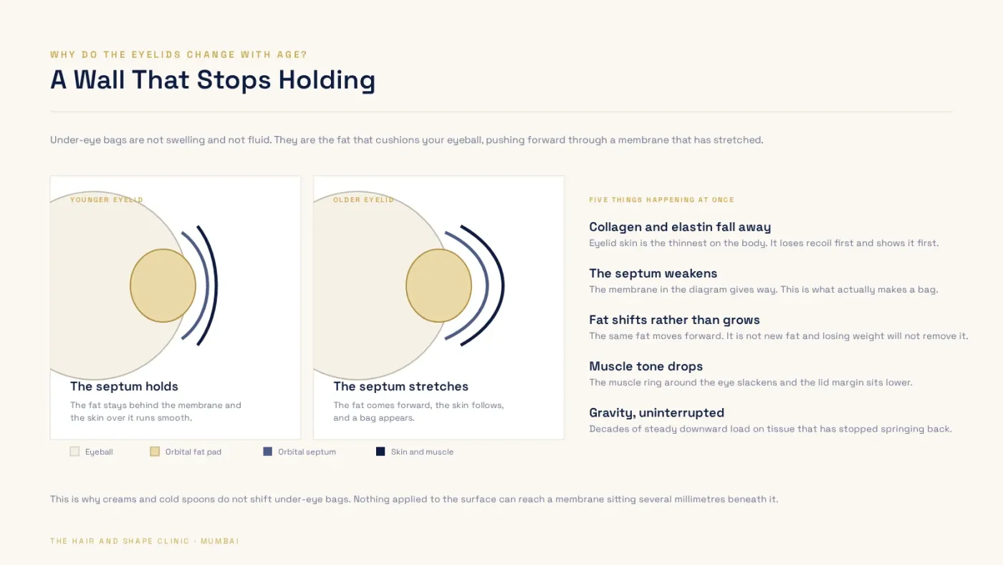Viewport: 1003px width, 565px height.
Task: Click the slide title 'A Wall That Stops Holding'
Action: (213, 80)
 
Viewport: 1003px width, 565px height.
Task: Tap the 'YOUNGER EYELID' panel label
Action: (107, 200)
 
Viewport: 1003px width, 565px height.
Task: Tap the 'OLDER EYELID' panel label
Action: (364, 200)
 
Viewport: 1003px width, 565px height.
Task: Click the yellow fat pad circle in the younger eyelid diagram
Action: (163, 285)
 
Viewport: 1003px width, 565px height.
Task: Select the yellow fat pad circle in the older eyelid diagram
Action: (438, 285)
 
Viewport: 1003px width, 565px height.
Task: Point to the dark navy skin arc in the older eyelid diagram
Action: (503, 285)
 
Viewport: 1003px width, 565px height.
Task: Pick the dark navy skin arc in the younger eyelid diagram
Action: (216, 285)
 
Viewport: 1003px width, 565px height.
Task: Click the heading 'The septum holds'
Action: (124, 386)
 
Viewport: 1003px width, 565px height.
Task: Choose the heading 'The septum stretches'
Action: (400, 386)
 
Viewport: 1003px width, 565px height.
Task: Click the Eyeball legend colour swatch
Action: (75, 452)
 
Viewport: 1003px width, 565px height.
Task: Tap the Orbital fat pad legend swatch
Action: (155, 452)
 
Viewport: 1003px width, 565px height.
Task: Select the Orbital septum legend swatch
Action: (268, 452)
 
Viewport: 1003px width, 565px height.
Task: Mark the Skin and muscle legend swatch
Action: (380, 452)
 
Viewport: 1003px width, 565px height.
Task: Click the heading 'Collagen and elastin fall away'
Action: (680, 227)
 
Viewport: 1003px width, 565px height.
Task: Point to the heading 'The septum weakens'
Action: (653, 273)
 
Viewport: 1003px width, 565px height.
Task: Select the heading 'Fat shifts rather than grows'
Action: (674, 320)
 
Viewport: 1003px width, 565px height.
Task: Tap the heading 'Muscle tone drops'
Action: (646, 366)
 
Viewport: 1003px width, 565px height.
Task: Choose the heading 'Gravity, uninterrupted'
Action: (656, 413)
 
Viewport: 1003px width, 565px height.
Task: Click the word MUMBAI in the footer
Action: (220, 541)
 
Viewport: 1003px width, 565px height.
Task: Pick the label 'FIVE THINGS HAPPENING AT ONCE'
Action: (661, 200)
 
